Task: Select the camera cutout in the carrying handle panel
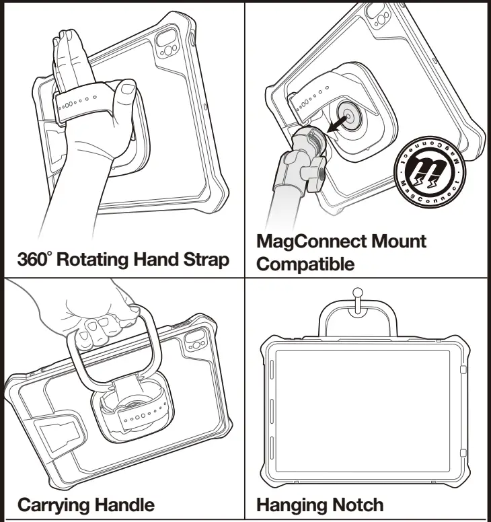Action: coord(195,339)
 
